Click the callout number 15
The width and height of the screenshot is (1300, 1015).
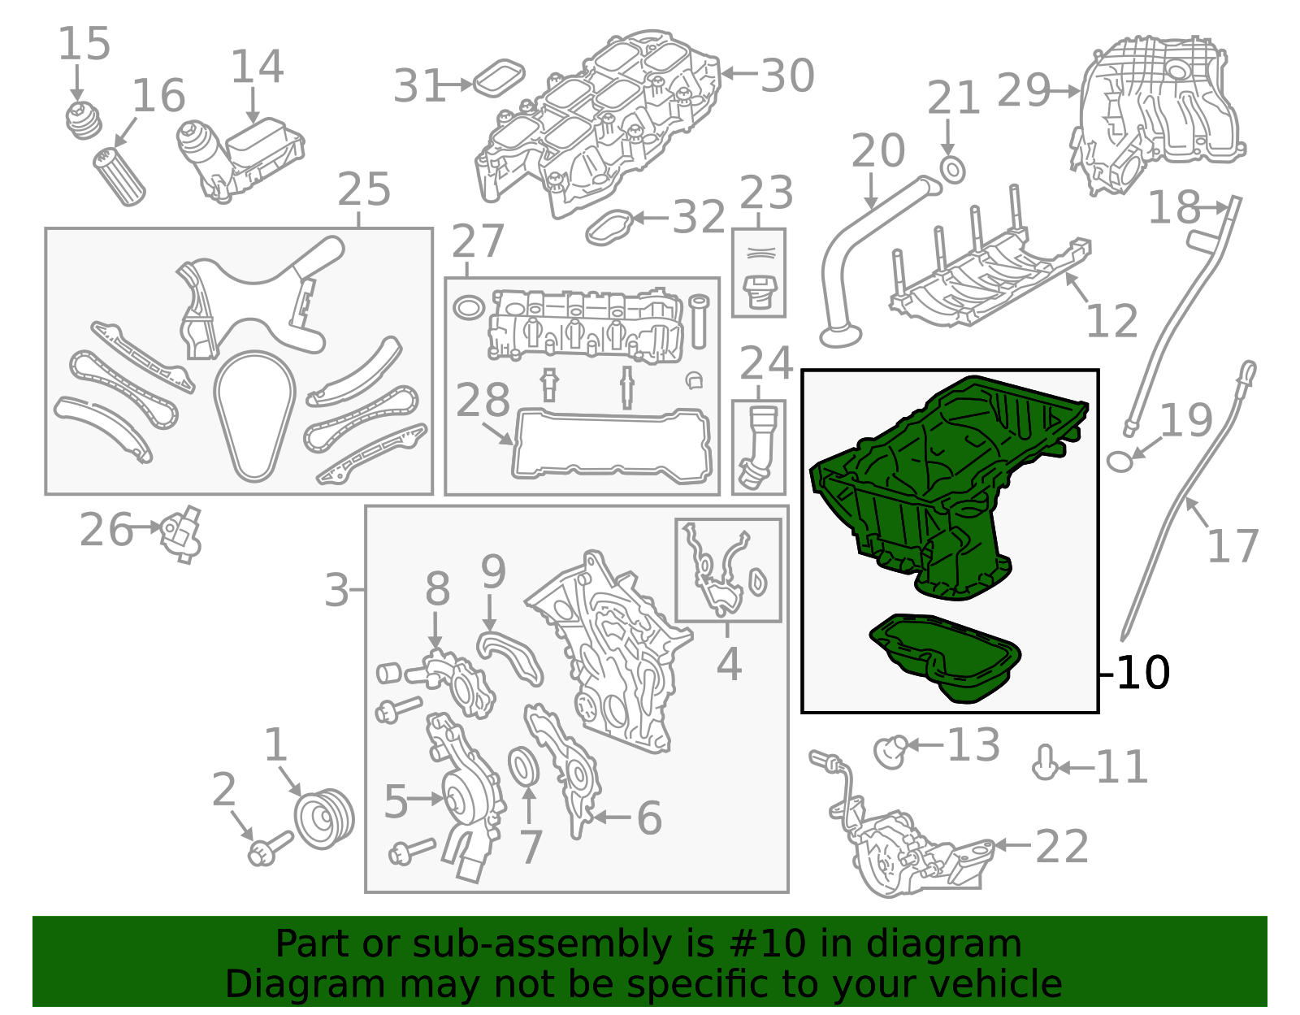(x=84, y=44)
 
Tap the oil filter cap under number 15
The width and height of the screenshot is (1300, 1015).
(x=83, y=120)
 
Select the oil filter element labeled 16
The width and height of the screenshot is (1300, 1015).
(x=119, y=176)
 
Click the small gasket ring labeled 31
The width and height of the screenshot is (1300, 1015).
(x=499, y=77)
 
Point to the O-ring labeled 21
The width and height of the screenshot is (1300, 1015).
(x=952, y=169)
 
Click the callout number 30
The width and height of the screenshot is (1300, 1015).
(x=787, y=76)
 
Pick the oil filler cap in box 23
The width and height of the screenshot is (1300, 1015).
(x=759, y=292)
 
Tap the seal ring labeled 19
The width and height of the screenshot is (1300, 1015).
(x=1120, y=462)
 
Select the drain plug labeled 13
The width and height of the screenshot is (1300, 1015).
(x=891, y=752)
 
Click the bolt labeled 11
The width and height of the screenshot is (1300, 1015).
(x=1046, y=763)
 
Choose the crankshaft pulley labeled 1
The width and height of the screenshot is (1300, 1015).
(x=324, y=818)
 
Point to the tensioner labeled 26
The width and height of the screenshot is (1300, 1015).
(x=180, y=534)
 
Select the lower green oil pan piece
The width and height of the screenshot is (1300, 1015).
(x=945, y=657)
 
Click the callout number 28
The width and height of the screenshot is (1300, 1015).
(x=483, y=400)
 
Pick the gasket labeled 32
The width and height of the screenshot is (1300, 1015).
(x=609, y=228)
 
